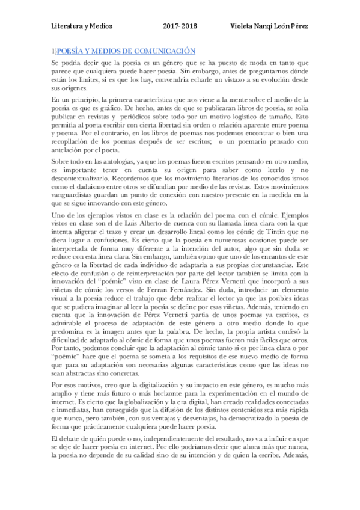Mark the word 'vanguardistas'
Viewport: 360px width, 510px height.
(x=73, y=195)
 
